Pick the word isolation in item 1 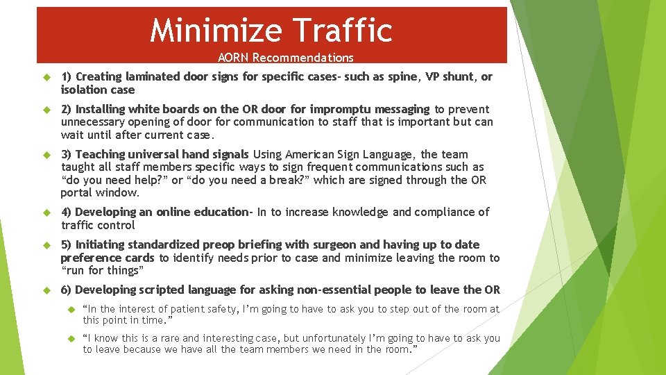click(x=82, y=90)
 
